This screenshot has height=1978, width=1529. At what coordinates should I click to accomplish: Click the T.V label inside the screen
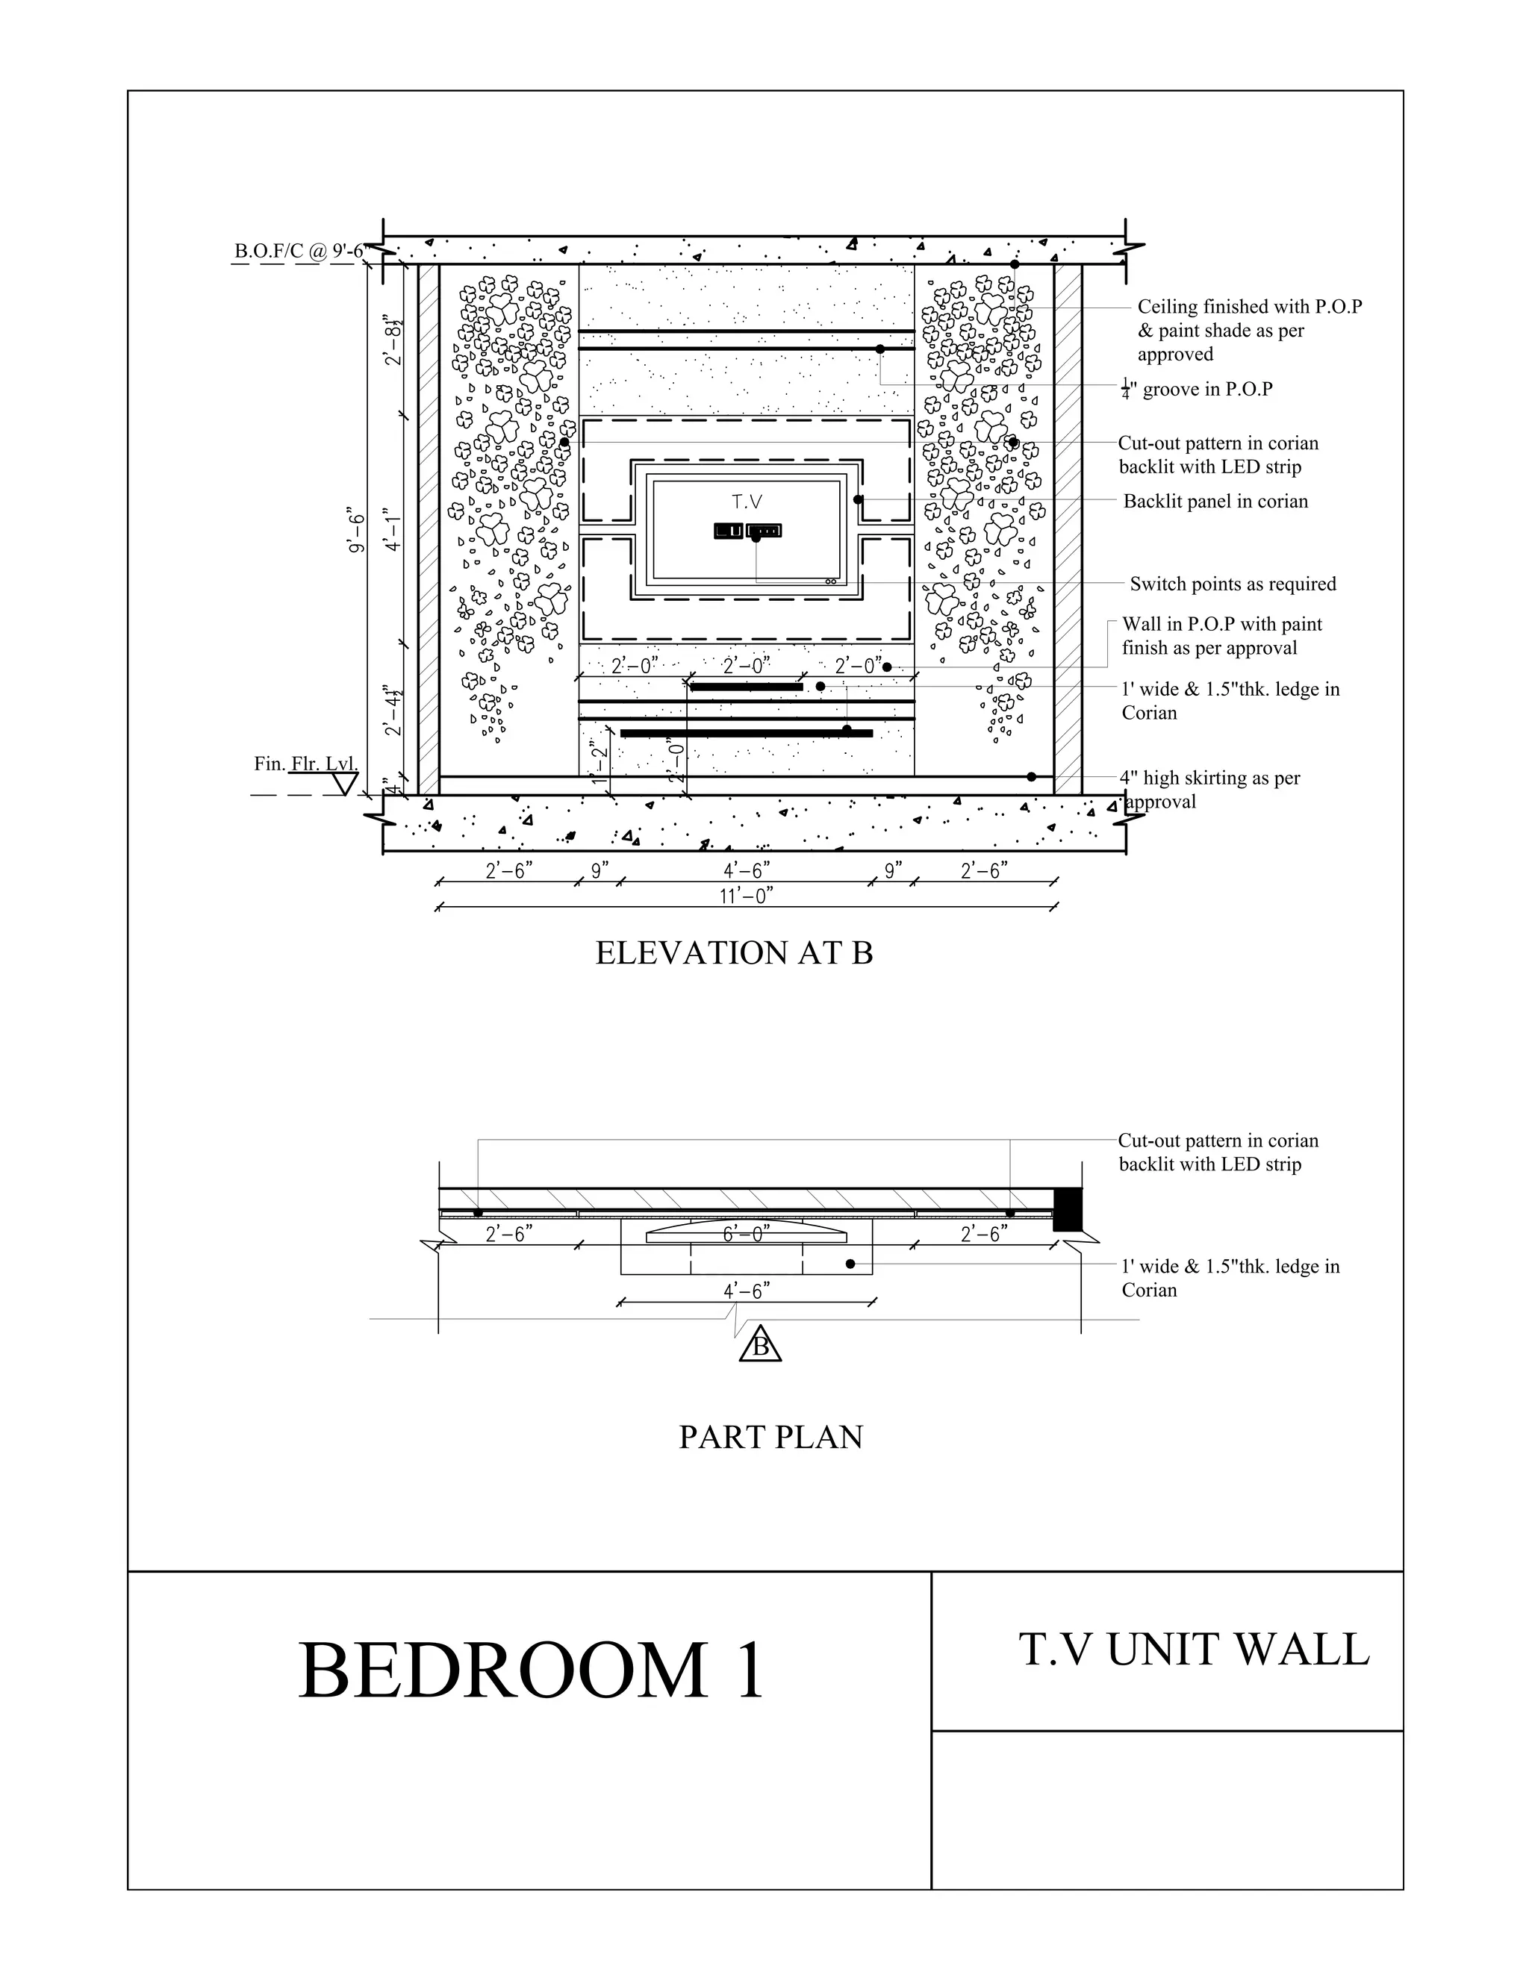pos(747,502)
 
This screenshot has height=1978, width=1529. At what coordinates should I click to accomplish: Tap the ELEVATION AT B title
pos(734,952)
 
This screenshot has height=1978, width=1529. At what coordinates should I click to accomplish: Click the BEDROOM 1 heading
pos(532,1670)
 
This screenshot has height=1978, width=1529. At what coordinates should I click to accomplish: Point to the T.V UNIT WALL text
pos(1194,1650)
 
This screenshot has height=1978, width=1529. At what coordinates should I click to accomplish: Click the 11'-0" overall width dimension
pos(747,896)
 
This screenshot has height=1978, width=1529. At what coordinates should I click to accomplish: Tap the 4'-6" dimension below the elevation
pos(747,870)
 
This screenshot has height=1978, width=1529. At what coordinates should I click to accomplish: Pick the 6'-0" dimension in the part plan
pos(747,1234)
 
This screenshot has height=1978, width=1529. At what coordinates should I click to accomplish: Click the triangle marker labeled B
pos(760,1347)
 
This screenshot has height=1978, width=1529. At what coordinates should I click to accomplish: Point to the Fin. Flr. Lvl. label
pos(305,764)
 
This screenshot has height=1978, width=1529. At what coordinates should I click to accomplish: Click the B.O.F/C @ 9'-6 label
pos(299,251)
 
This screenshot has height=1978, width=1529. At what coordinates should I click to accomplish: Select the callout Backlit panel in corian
pos(1215,501)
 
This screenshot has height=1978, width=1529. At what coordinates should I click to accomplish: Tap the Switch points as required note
pos(1232,584)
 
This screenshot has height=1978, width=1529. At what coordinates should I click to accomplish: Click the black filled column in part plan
pos(1067,1209)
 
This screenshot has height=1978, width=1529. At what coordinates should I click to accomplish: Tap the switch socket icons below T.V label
pos(747,531)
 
